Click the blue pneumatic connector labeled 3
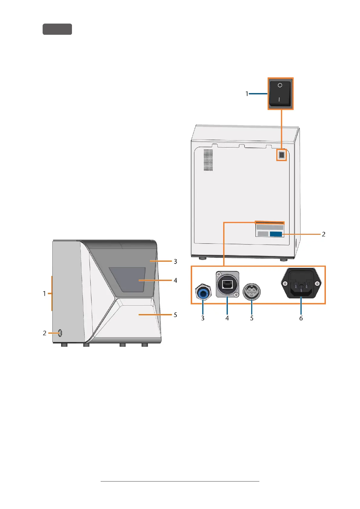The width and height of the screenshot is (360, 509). tap(203, 292)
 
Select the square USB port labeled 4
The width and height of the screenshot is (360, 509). tap(227, 284)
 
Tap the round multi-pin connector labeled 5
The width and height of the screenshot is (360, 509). tap(251, 292)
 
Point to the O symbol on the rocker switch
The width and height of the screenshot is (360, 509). tap(280, 85)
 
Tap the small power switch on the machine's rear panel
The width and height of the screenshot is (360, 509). tap(282, 155)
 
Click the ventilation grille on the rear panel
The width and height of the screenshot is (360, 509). tap(208, 160)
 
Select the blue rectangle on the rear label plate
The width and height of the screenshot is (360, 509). tap(276, 234)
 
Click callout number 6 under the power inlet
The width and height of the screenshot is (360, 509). tap(301, 318)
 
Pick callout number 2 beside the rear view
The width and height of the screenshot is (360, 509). tap(323, 234)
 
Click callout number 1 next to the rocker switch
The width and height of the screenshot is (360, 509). tap(247, 94)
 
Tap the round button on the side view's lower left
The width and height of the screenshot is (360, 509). tap(60, 333)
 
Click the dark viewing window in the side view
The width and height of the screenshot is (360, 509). tap(127, 280)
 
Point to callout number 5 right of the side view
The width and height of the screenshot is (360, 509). tap(175, 315)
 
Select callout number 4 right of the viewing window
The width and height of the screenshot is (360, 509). tap(175, 280)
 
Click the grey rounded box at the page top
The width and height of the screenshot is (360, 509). tap(57, 29)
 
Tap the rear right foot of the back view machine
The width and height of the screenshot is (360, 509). tap(284, 259)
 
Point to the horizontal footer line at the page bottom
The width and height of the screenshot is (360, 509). tap(180, 481)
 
